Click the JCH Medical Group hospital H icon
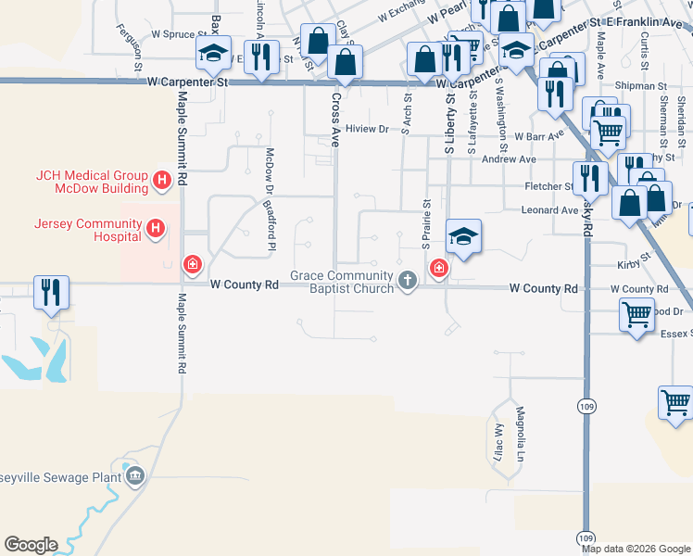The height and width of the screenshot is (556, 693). point(162,179)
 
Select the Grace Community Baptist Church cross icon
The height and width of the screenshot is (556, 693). point(407,279)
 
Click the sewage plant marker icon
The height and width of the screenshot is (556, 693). point(135,476)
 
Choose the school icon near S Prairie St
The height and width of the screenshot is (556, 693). point(462,235)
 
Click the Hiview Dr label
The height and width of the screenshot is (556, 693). point(365,129)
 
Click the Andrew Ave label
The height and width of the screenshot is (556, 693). point(516,159)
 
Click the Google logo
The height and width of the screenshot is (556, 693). point(31,545)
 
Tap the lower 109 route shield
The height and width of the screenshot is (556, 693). point(586,537)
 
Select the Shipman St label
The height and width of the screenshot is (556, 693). point(647,86)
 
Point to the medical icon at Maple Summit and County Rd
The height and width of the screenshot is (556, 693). point(193,267)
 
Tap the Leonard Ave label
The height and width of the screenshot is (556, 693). point(550,210)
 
